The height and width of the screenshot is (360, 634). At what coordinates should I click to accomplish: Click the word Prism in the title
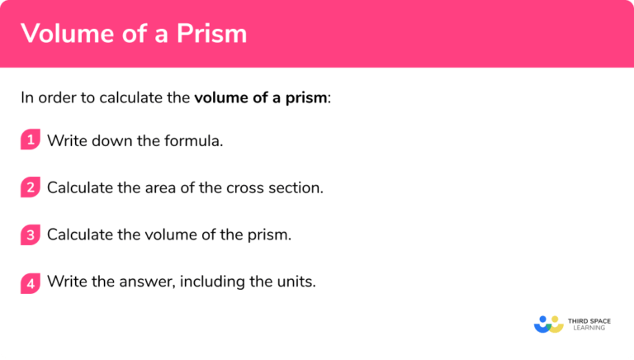coord(211,34)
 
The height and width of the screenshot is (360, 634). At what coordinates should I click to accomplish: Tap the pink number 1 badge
coord(31,140)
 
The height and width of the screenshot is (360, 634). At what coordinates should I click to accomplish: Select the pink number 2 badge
coord(31,187)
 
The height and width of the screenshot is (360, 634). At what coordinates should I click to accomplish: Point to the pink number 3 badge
coord(31,234)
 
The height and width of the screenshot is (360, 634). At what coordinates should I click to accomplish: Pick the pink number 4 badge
coord(31,282)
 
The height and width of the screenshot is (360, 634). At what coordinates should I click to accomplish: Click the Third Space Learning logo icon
coord(548,324)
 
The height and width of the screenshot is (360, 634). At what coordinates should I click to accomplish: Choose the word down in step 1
coord(111,140)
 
